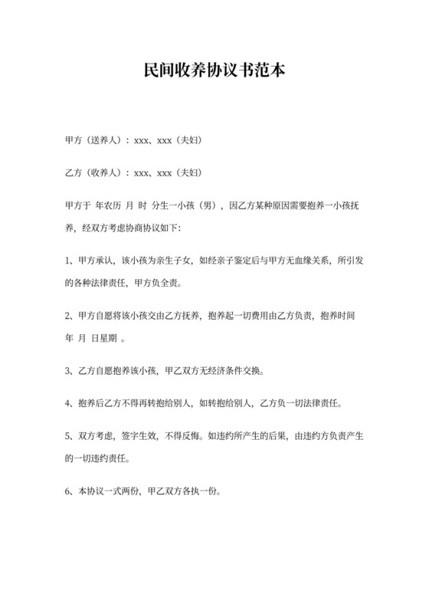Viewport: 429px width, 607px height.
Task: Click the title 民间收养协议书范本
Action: (x=215, y=72)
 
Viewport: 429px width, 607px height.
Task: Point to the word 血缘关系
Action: (x=313, y=261)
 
